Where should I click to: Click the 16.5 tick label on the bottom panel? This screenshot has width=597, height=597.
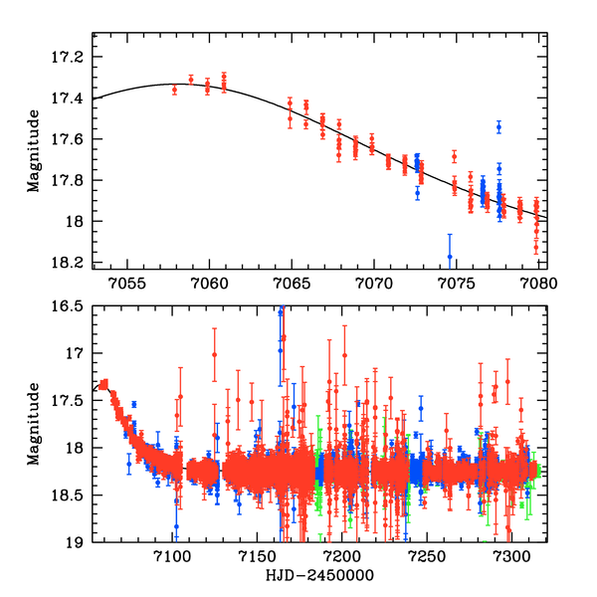[72, 306]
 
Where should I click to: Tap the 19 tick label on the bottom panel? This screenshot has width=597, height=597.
[78, 543]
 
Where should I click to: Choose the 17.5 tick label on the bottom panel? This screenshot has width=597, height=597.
[72, 401]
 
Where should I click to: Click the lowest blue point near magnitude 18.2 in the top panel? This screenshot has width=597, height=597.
[450, 257]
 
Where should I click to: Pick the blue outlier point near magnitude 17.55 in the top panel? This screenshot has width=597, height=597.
[498, 126]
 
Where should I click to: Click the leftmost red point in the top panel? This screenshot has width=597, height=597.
[174, 90]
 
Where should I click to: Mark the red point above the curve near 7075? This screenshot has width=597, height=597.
[454, 156]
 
